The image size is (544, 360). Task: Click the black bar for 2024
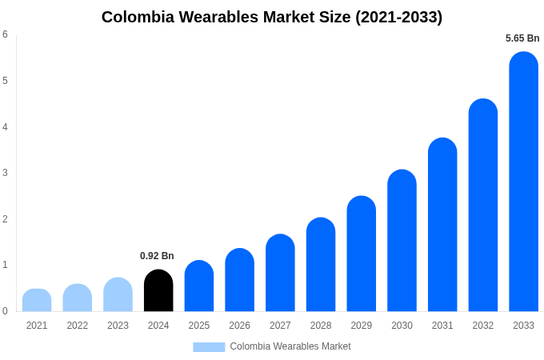pos(158,291)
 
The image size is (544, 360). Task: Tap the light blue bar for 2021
pos(37,301)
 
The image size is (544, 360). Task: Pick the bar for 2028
pos(321,265)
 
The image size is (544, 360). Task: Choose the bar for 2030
pos(402,241)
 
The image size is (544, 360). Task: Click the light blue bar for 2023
pos(118,295)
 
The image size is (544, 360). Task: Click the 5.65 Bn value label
pos(522,38)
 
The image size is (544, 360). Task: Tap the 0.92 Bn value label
pos(157,256)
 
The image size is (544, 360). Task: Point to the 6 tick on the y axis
pos(5,34)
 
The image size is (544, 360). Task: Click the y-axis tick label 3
pos(5,173)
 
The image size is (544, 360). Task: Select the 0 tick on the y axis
pos(5,311)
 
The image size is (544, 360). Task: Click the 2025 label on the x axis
pos(199,326)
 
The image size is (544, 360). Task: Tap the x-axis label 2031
pos(442,326)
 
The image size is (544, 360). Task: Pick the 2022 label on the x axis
pos(78,326)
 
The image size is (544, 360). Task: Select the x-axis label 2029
pos(361,326)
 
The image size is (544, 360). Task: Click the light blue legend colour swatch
pos(209,347)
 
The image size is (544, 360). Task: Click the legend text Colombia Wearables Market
pos(290,346)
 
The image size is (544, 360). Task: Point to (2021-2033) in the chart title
pos(399,17)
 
